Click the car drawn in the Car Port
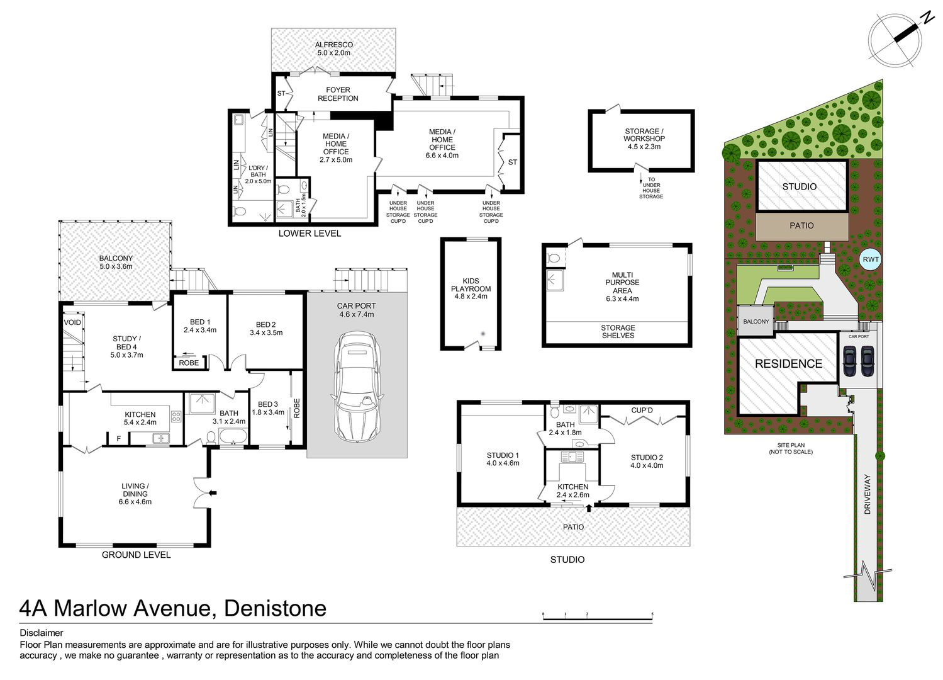click(x=357, y=387)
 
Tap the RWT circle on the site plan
click(x=871, y=259)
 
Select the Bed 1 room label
click(x=200, y=326)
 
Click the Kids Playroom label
click(x=471, y=288)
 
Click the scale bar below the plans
click(x=598, y=618)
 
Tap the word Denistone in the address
click(x=275, y=608)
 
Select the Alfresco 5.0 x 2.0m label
click(x=334, y=49)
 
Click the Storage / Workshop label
click(x=644, y=139)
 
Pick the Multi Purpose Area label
click(x=622, y=287)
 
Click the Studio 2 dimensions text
click(x=647, y=465)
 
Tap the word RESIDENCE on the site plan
click(x=788, y=363)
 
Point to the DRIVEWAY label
click(x=868, y=494)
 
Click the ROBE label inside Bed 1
click(x=189, y=363)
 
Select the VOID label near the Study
click(x=72, y=323)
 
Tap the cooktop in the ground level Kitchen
click(x=176, y=417)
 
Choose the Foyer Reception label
click(x=338, y=94)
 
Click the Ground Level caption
click(x=136, y=555)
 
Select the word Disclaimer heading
click(x=42, y=633)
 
